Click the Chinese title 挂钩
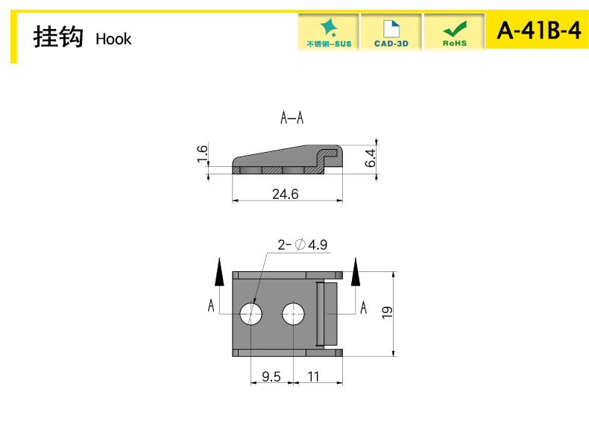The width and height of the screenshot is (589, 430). pyautogui.click(x=58, y=37)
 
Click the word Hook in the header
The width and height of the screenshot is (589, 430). pyautogui.click(x=113, y=39)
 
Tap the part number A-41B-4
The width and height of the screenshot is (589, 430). pyautogui.click(x=538, y=30)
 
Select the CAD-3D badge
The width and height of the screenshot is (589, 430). pyautogui.click(x=391, y=32)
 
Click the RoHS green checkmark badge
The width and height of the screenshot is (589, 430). pyautogui.click(x=455, y=32)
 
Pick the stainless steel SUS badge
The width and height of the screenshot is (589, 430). pyautogui.click(x=329, y=32)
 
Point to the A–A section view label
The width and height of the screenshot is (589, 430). pyautogui.click(x=292, y=118)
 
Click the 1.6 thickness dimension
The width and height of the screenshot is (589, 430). pyautogui.click(x=202, y=154)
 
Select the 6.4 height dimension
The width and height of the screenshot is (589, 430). pyautogui.click(x=370, y=158)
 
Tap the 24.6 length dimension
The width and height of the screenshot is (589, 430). pyautogui.click(x=285, y=195)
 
